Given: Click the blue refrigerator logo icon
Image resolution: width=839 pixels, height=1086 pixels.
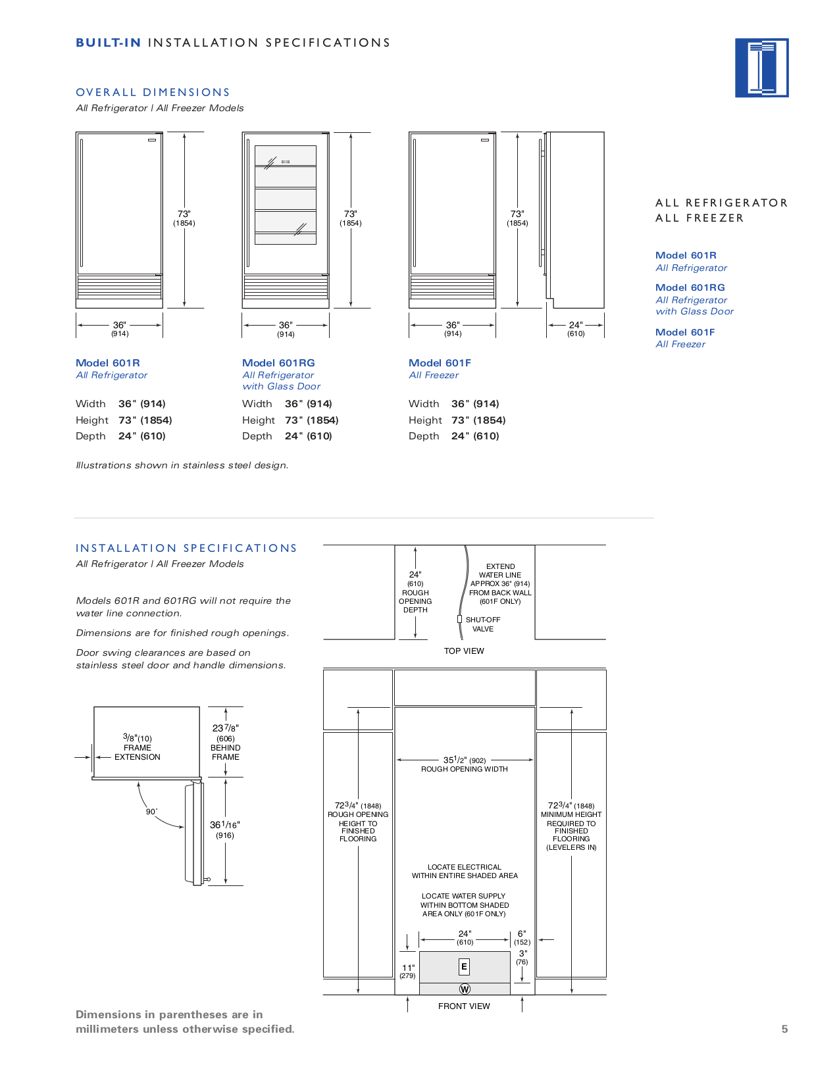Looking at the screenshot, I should (x=761, y=68).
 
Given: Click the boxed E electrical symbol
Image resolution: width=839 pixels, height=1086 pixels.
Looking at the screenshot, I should (x=464, y=966).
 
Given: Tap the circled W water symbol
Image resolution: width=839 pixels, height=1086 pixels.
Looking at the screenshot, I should (x=465, y=989).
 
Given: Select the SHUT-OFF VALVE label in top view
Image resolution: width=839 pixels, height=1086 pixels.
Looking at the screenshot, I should (x=482, y=624).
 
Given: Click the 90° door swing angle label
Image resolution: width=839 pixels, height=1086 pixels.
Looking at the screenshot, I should (x=151, y=812).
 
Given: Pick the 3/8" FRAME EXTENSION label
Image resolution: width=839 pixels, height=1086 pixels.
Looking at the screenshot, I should (x=137, y=747).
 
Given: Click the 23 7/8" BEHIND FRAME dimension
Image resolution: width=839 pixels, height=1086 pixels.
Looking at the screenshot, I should (x=226, y=742).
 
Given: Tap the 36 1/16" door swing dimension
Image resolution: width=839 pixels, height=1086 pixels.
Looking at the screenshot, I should (x=225, y=829).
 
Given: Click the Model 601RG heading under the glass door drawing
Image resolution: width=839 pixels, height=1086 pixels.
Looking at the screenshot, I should (x=278, y=363).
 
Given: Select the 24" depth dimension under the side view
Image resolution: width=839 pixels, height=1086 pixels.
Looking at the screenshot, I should (x=576, y=328).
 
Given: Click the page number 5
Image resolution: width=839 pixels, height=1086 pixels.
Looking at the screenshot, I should (x=784, y=1029).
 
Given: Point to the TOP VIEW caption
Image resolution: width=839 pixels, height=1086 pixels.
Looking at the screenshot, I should (x=464, y=651).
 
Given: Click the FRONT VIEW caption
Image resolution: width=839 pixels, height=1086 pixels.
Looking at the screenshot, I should (x=464, y=1006).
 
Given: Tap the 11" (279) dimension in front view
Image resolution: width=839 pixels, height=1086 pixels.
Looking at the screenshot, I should (x=408, y=971).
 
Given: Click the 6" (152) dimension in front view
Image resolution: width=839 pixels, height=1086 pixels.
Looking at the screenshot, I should (x=522, y=937).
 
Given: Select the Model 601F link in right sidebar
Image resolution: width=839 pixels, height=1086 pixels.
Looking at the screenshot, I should (x=685, y=332).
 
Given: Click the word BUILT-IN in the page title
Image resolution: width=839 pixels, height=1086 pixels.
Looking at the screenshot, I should (x=109, y=43).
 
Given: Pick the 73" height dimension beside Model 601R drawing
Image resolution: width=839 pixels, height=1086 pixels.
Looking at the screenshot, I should (x=184, y=218).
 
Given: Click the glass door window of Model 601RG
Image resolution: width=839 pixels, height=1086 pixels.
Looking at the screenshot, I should (x=286, y=195).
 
